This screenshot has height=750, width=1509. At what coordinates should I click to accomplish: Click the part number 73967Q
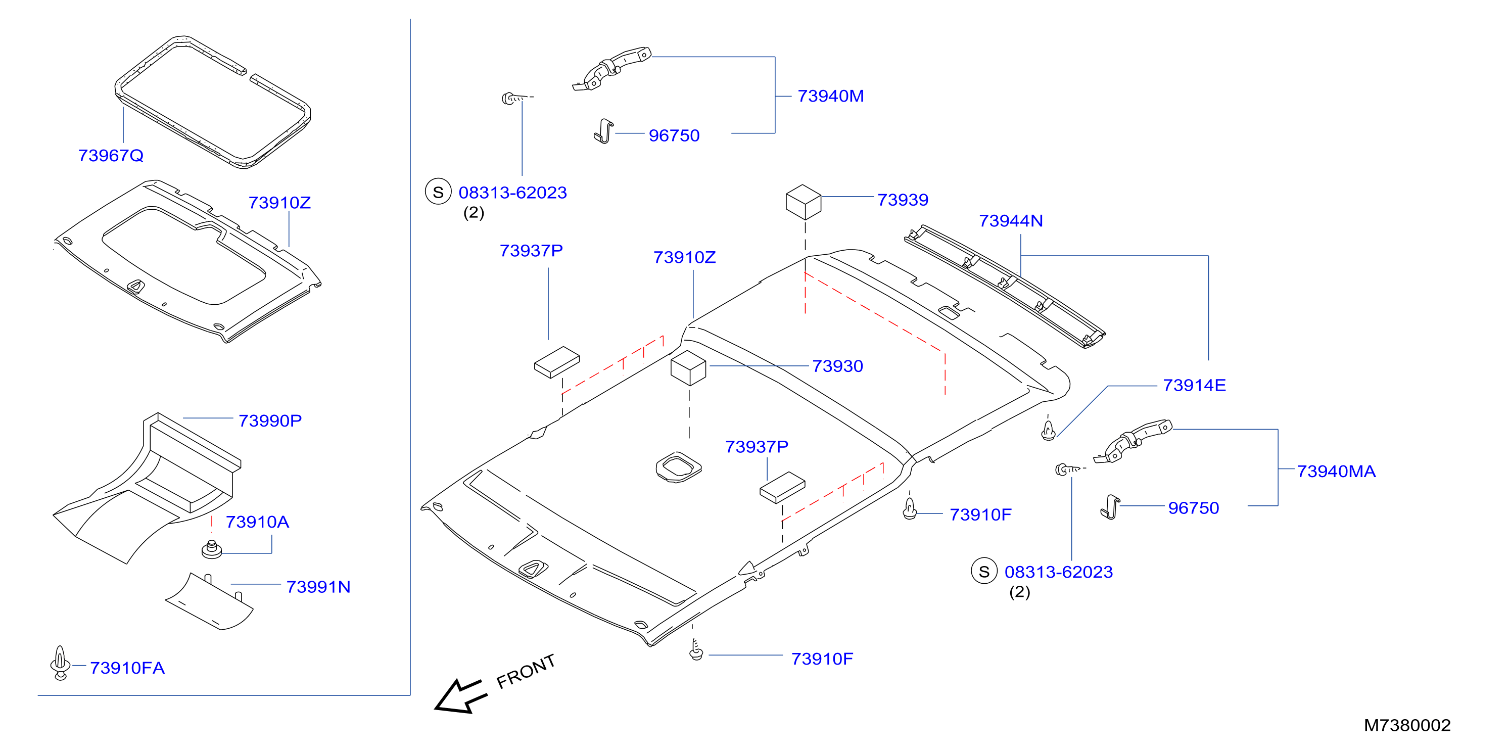(x=111, y=155)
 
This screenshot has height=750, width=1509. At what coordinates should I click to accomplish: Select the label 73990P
(x=270, y=420)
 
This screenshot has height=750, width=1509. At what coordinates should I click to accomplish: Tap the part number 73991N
(x=318, y=587)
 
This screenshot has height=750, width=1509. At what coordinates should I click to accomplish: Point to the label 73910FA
(x=127, y=668)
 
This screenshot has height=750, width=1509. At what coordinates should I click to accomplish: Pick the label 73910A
(x=257, y=522)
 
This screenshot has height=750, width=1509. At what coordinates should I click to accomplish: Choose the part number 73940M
(x=831, y=96)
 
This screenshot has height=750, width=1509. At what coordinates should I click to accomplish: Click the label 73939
(x=903, y=200)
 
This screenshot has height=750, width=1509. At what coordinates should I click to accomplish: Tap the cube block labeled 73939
(x=803, y=202)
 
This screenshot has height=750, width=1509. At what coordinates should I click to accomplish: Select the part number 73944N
(x=1011, y=221)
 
